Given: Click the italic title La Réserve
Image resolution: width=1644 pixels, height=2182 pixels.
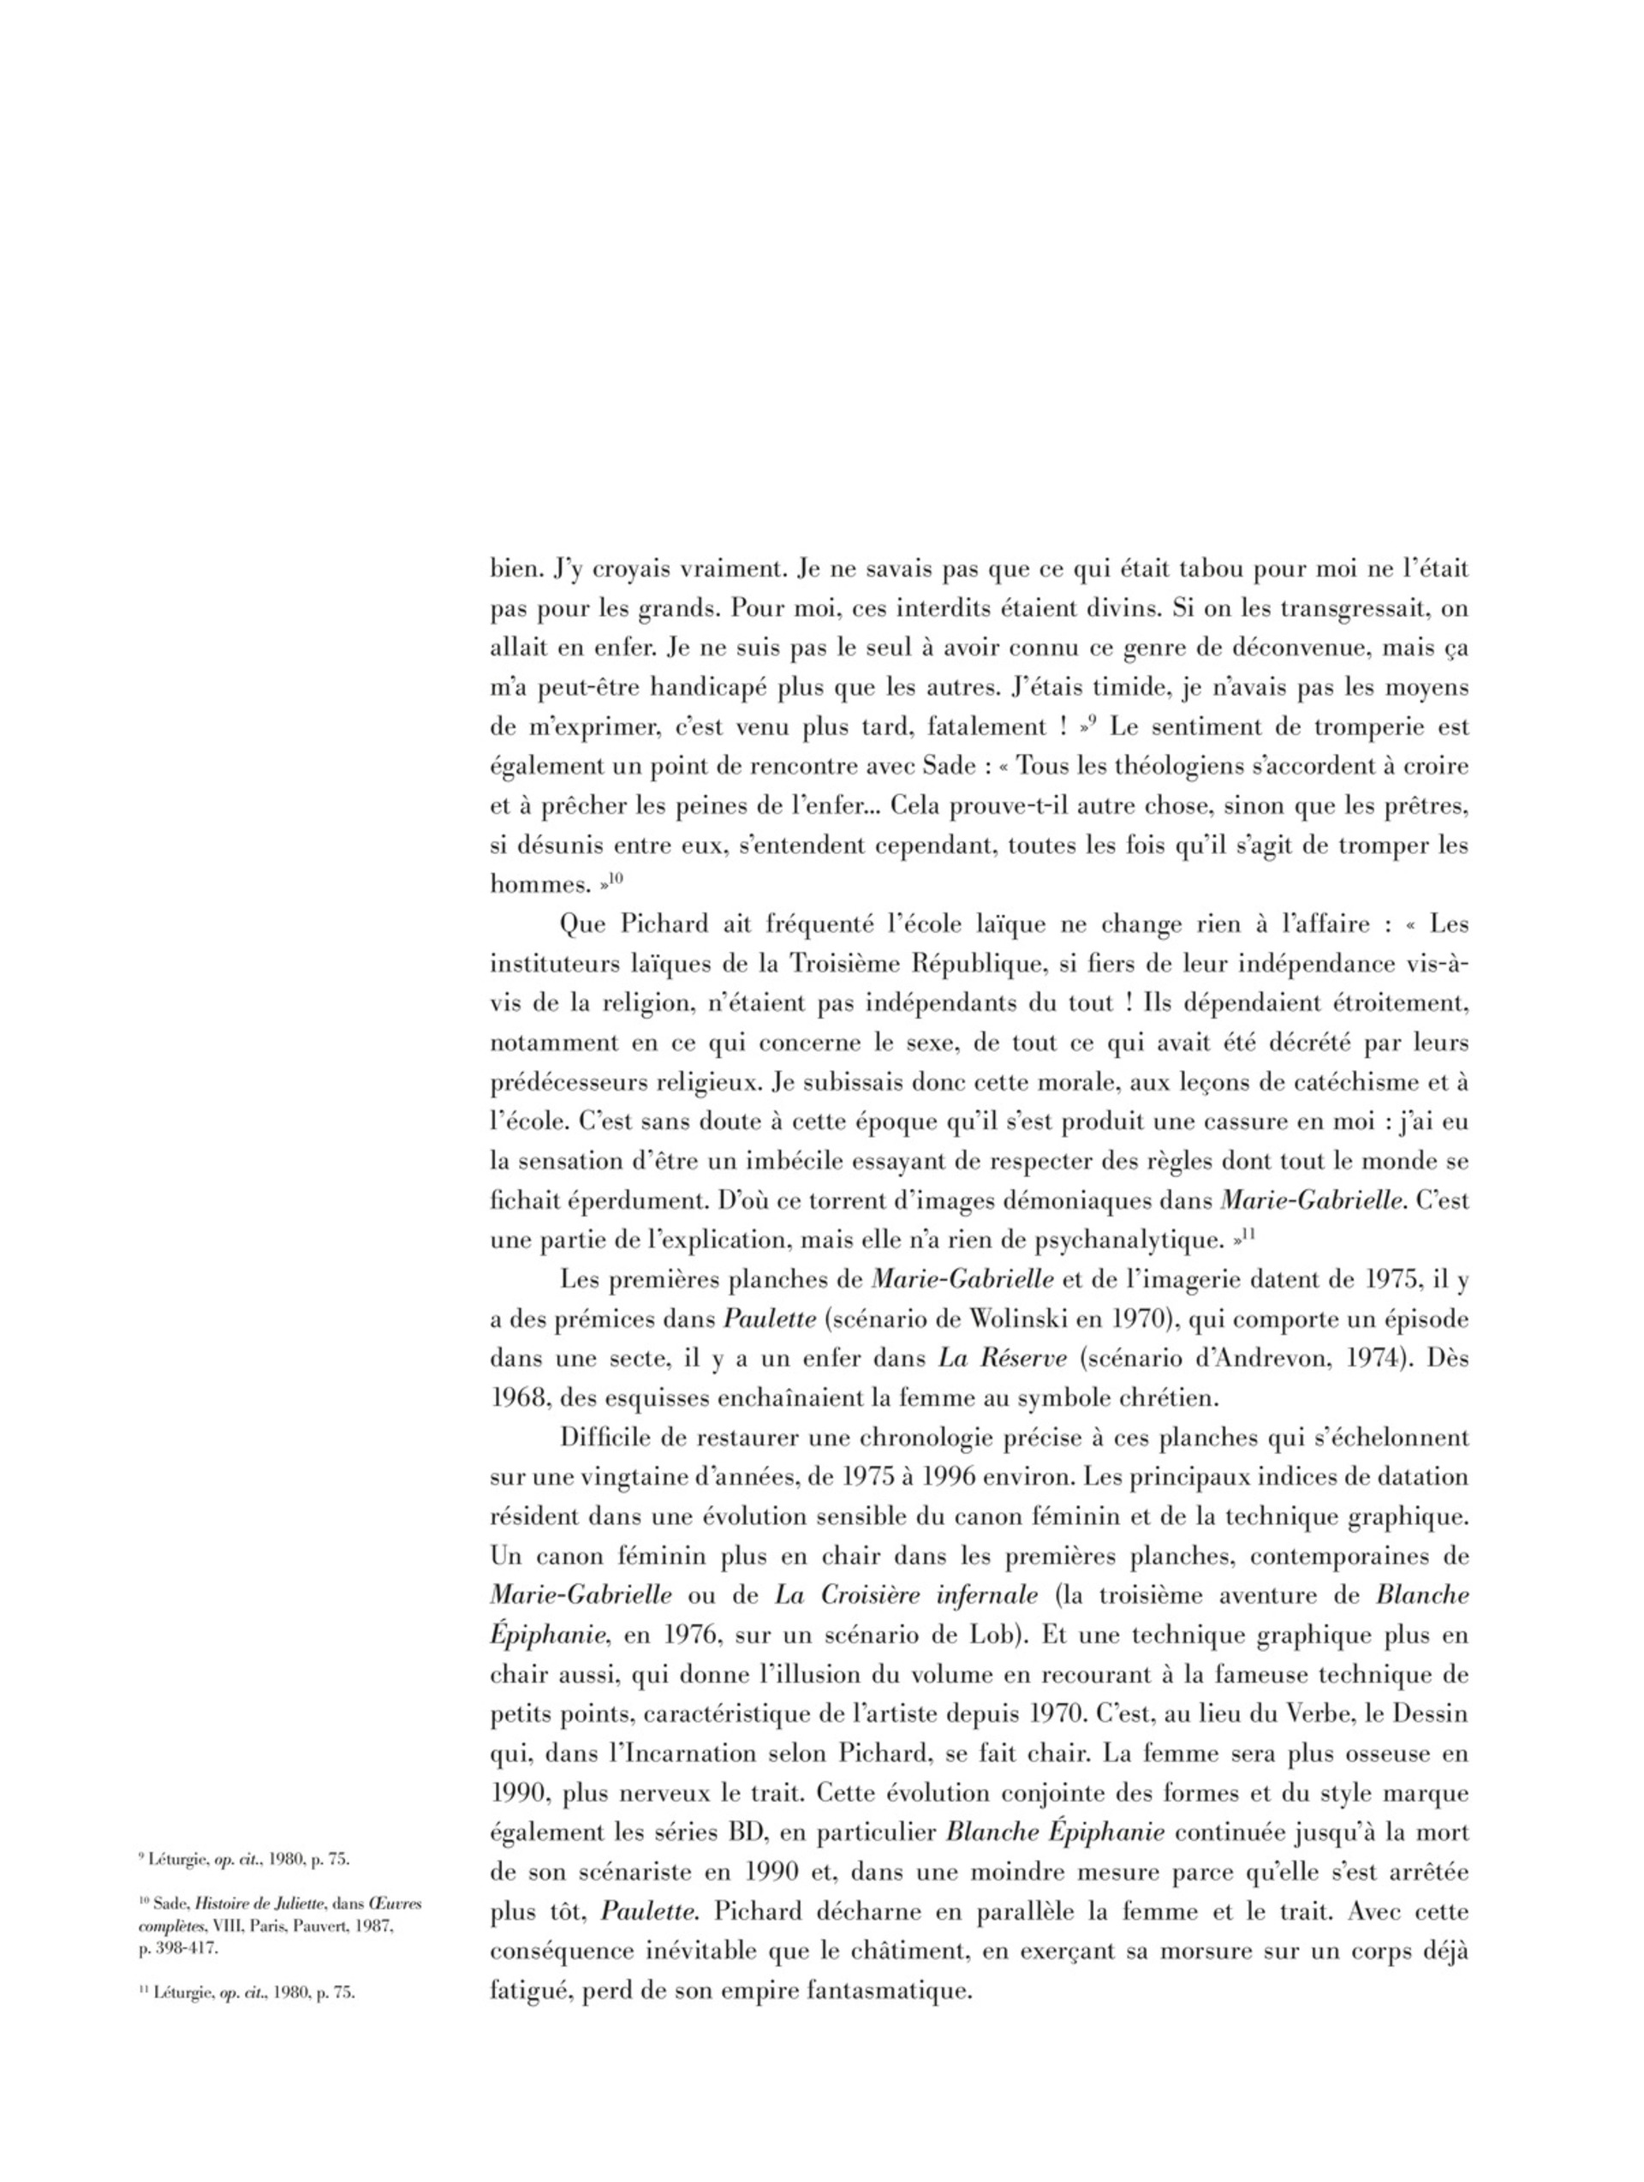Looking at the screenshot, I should pyautogui.click(x=1003, y=1360).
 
